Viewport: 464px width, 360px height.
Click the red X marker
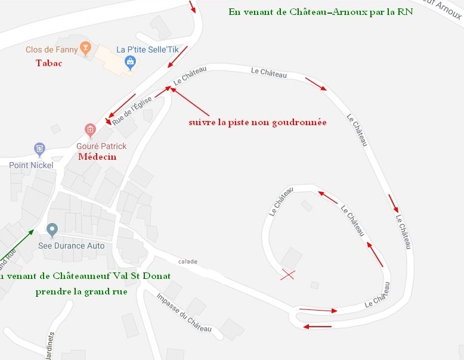pyautogui.click(x=288, y=275)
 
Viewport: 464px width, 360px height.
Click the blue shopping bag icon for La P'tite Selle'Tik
pyautogui.click(x=129, y=61)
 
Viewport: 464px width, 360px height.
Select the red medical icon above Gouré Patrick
pyautogui.click(x=90, y=129)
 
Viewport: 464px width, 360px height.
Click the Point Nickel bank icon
pyautogui.click(x=39, y=148)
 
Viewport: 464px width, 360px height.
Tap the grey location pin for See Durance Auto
pyautogui.click(x=52, y=229)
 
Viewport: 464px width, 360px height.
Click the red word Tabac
pyautogui.click(x=49, y=63)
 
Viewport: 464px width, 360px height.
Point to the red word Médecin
pyautogui.click(x=97, y=157)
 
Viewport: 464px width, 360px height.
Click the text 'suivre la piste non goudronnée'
pyautogui.click(x=257, y=122)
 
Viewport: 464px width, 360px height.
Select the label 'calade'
pyautogui.click(x=187, y=261)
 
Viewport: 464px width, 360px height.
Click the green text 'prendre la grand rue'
pyautogui.click(x=81, y=292)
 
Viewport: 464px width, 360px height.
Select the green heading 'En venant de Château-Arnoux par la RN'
pyautogui.click(x=321, y=12)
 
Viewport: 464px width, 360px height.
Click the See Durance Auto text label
pyautogui.click(x=71, y=246)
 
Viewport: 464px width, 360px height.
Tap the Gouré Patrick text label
pyautogui.click(x=101, y=146)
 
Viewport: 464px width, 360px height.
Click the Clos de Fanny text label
pyautogui.click(x=52, y=50)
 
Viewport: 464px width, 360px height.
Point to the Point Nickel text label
pyautogui.click(x=31, y=165)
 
